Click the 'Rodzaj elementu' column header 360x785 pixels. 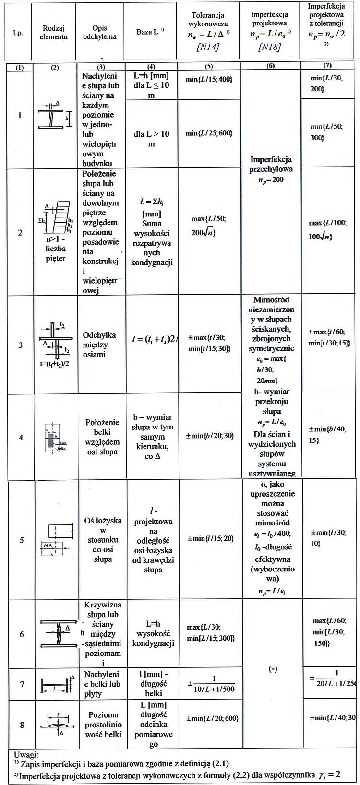(54, 33)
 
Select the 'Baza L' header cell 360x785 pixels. (150, 33)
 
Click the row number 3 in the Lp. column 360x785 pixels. (21, 345)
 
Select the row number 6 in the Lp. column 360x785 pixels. (22, 634)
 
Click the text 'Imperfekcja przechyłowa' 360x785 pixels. (271, 164)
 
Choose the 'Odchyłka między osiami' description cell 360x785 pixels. (102, 345)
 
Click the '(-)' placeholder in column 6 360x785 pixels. (273, 669)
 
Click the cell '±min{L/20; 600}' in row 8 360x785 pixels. (212, 718)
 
